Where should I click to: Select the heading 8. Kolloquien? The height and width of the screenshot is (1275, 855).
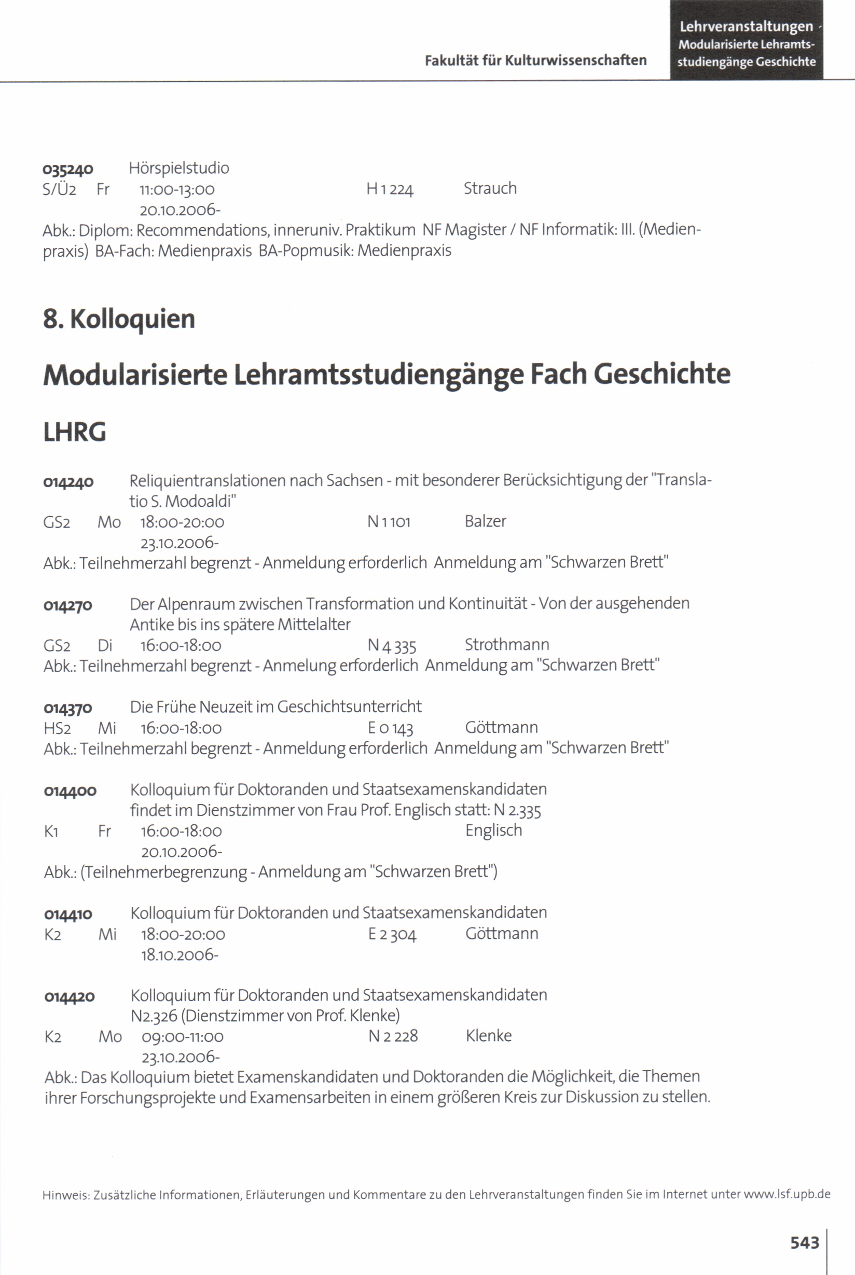coord(119,319)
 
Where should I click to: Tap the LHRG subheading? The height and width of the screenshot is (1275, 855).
coord(75,432)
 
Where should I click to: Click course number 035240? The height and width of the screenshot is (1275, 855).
coord(68,170)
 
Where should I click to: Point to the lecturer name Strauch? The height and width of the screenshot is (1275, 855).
coord(490,189)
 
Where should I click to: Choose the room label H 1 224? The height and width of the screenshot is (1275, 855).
coord(390,189)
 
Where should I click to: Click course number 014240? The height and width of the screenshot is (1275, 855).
coord(68,482)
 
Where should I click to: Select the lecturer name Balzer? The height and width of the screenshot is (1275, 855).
coord(485,522)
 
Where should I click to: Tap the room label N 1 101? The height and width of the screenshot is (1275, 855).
coord(388,522)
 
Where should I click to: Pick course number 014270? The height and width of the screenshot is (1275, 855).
coord(68,605)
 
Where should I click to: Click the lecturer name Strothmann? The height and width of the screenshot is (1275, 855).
coord(506,645)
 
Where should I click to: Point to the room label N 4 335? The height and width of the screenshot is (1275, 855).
coord(392,646)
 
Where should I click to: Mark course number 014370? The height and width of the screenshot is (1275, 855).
coord(68,708)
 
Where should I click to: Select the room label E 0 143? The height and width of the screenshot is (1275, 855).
coord(391,728)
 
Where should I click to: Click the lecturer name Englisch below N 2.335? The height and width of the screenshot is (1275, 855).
coord(493,831)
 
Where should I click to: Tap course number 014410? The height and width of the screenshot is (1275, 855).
coord(68,914)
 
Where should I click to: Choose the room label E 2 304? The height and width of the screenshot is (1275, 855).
coord(392,935)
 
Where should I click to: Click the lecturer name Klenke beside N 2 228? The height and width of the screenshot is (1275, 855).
coord(489,1036)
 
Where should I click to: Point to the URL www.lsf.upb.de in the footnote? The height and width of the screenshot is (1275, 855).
coord(787,1194)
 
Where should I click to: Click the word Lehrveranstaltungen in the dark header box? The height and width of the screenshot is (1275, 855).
coord(746,26)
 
